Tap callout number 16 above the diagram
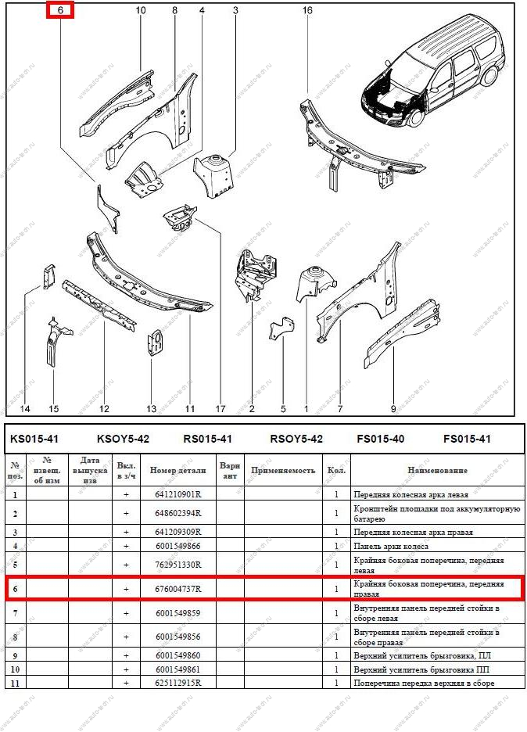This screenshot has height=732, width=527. point(307,11)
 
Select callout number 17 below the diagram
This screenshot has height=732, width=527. point(220,408)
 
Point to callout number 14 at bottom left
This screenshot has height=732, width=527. point(25,408)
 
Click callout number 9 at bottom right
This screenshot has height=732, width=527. point(393,408)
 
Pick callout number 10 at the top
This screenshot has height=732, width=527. point(141,11)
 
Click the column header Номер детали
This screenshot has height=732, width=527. point(177,470)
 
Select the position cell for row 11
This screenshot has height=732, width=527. point(15,683)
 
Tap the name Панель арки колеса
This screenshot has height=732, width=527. point(392,544)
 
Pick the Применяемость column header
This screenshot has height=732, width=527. point(283,470)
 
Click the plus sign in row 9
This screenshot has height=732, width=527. point(125,655)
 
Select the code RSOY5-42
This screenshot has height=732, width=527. point(296,440)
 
